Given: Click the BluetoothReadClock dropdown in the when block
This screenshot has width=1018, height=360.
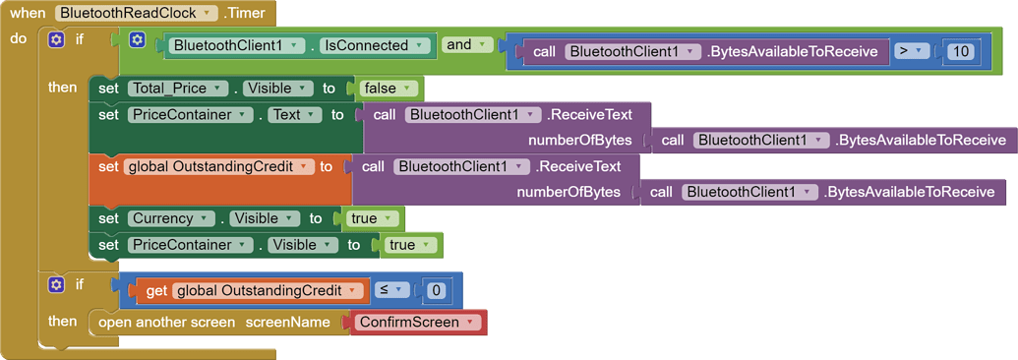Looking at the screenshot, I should tap(137, 14).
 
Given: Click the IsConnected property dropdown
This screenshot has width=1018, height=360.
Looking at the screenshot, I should tap(377, 45).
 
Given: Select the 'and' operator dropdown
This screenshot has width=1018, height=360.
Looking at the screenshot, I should tap(467, 44).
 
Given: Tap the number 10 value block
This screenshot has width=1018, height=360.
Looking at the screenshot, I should tap(960, 51).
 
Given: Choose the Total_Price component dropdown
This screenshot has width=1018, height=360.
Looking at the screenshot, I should tap(178, 89).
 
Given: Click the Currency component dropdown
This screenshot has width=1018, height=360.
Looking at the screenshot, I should tap(172, 218).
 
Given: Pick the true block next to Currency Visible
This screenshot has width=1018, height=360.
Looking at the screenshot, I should tap(371, 218).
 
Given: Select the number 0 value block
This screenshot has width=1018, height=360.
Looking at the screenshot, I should tap(436, 291).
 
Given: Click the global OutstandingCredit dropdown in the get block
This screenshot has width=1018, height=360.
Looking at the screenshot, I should tap(269, 291).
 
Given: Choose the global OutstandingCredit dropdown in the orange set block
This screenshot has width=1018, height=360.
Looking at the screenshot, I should tap(217, 167).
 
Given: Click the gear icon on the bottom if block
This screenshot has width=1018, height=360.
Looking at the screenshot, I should tap(56, 285).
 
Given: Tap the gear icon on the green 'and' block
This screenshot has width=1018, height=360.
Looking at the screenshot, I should tap(137, 40).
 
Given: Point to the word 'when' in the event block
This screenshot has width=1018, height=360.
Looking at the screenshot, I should tap(28, 14).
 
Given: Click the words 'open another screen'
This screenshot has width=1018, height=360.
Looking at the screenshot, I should tap(166, 323).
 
